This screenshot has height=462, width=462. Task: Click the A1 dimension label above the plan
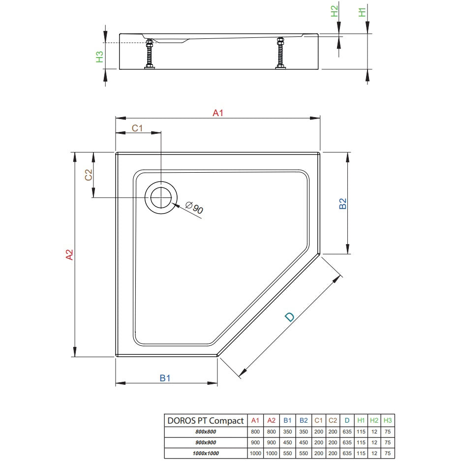point(218,113)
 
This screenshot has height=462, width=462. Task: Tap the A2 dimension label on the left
point(69,254)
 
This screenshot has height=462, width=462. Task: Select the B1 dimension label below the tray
point(165,378)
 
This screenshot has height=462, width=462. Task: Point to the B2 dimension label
point(342,203)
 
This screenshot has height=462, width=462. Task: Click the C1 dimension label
point(137,128)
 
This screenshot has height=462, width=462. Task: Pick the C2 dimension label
point(89,175)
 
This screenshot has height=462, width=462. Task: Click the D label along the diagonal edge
point(289,317)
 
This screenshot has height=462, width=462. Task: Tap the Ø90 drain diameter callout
point(194,207)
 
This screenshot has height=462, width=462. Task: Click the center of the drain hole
point(161,197)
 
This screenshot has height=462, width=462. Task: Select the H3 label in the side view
point(100,57)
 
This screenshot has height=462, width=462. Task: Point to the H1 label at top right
point(362,12)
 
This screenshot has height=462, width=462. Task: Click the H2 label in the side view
point(334,11)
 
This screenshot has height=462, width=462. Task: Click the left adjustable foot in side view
point(150,54)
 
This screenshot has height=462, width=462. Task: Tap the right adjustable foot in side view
point(280,53)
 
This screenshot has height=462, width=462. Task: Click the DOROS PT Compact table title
point(205,421)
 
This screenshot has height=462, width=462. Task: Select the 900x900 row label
point(206,442)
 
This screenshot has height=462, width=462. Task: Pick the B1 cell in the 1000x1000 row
point(287,453)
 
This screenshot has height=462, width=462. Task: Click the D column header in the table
point(347,421)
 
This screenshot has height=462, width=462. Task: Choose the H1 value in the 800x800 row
point(361,431)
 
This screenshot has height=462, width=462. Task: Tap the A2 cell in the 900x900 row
point(272,442)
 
